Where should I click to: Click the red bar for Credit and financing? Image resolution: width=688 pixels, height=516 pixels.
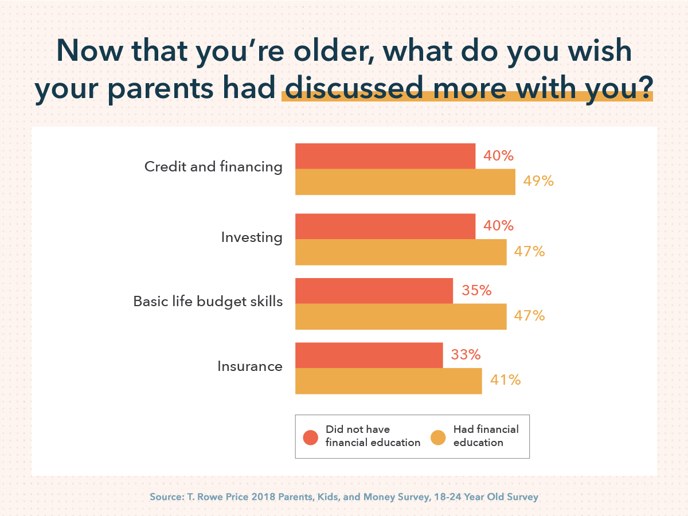(x=385, y=156)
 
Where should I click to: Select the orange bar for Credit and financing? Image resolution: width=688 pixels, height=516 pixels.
(x=405, y=182)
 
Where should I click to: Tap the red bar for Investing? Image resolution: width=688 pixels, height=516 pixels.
(x=385, y=226)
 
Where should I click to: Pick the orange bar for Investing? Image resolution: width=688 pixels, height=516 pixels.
(x=401, y=252)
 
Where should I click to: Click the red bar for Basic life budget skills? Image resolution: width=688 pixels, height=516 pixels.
(x=374, y=291)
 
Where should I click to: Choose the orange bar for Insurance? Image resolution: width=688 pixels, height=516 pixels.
(x=388, y=381)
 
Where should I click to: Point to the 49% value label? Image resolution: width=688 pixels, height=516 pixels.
(x=538, y=181)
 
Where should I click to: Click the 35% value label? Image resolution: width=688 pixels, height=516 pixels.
(x=476, y=291)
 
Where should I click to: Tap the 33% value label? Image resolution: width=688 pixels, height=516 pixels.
(x=466, y=355)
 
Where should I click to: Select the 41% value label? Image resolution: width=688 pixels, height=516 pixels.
(x=505, y=380)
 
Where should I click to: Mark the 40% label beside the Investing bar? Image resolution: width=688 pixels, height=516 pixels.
(x=498, y=226)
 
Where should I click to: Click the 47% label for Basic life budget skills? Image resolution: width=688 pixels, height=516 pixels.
(x=529, y=315)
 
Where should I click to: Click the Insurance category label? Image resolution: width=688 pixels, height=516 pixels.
(x=250, y=366)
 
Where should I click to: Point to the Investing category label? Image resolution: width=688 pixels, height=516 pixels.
(x=252, y=237)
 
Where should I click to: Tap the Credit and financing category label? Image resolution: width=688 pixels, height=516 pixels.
(x=213, y=167)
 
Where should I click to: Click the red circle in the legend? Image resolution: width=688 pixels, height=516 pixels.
(x=310, y=437)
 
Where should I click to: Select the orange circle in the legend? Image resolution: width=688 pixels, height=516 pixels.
(x=438, y=437)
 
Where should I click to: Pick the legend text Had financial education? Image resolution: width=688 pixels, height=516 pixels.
(x=486, y=436)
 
